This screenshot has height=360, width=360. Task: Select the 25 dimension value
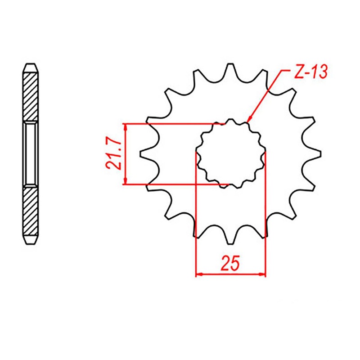[231, 263]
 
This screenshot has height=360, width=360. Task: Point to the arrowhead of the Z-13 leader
[249, 120]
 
